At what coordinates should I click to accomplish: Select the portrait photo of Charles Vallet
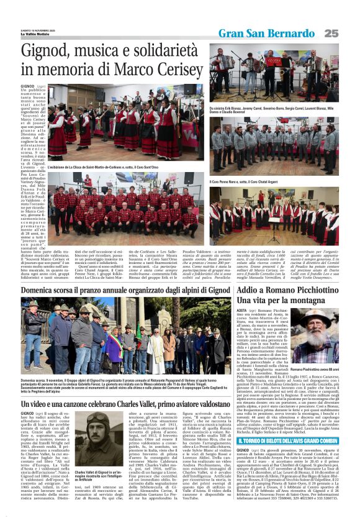93,425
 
